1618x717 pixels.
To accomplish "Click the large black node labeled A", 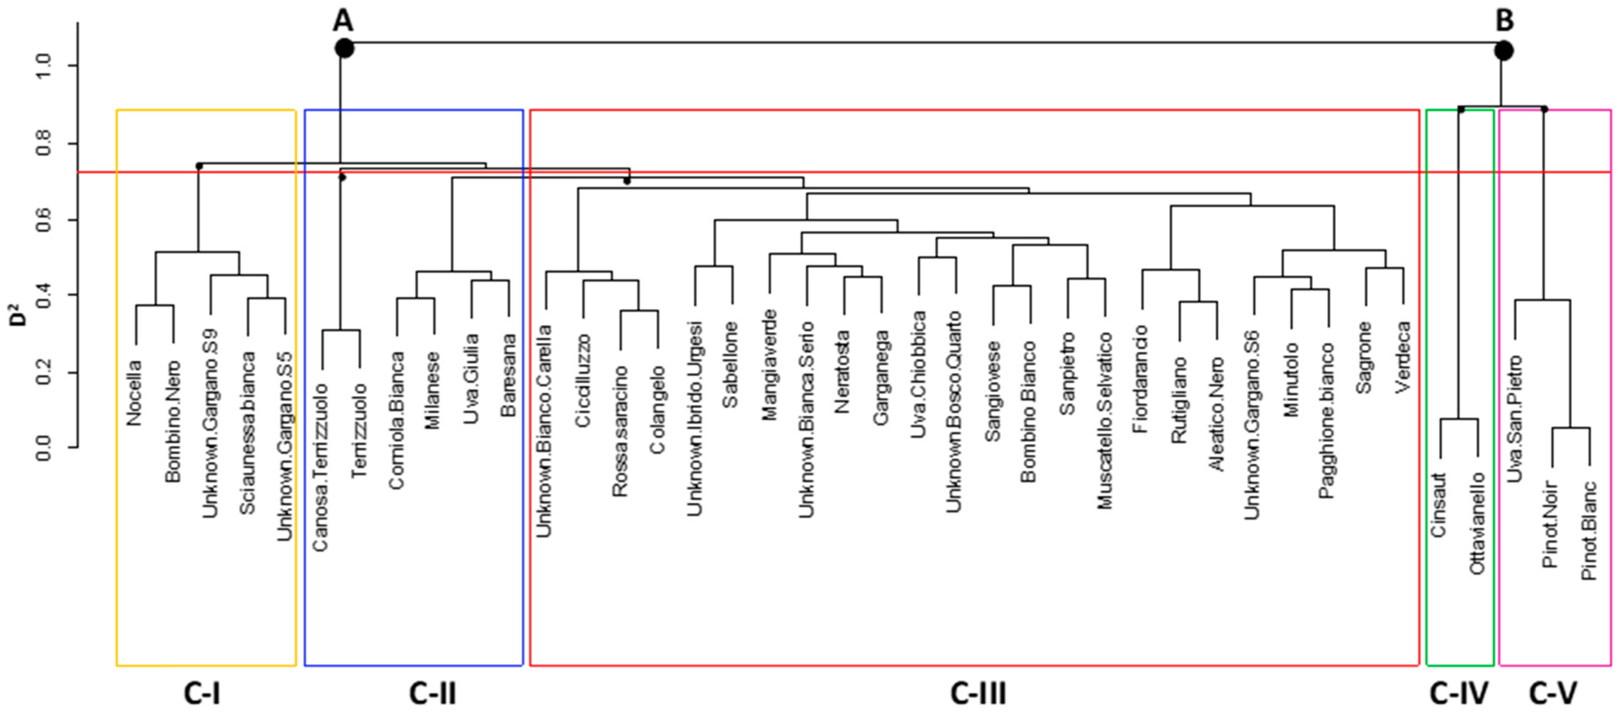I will pyautogui.click(x=344, y=48).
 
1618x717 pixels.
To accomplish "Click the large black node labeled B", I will pyautogui.click(x=1503, y=50).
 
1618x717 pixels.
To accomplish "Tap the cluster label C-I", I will pyautogui.click(x=202, y=694).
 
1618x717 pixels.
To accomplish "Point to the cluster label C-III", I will pyautogui.click(x=978, y=694).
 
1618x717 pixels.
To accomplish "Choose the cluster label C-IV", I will pyautogui.click(x=1458, y=694).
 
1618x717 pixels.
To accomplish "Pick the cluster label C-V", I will pyautogui.click(x=1553, y=694).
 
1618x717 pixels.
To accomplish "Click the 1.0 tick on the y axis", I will pyautogui.click(x=43, y=66).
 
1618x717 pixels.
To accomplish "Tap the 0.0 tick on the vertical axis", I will pyautogui.click(x=43, y=447).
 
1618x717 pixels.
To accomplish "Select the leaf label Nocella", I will pyautogui.click(x=134, y=393).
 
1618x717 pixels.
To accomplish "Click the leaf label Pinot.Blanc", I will pyautogui.click(x=1589, y=531).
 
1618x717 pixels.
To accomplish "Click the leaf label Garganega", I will pyautogui.click(x=881, y=378).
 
